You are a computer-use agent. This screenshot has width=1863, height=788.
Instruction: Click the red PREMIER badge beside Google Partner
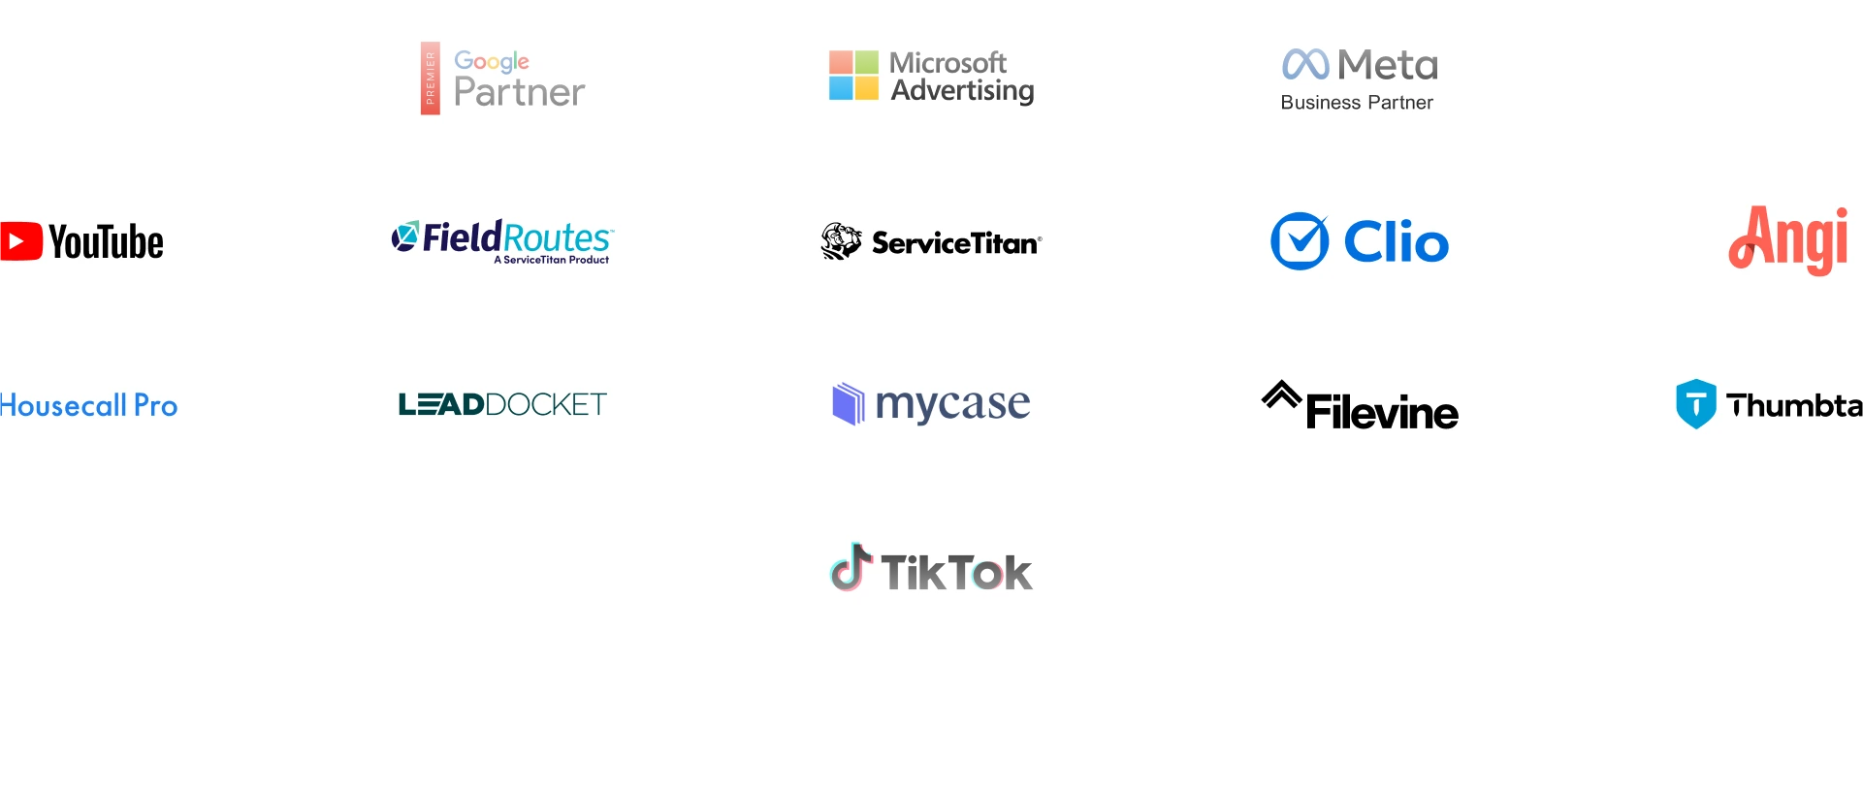click(430, 79)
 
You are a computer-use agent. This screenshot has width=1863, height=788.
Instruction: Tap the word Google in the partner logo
click(491, 61)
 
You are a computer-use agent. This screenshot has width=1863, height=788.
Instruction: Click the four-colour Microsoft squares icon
click(853, 76)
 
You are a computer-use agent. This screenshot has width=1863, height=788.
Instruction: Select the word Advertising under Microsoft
click(962, 91)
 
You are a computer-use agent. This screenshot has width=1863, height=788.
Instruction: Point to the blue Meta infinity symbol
click(1304, 64)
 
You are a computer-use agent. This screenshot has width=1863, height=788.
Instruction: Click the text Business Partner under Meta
click(1356, 103)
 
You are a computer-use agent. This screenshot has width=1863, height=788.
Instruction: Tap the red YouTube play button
click(20, 241)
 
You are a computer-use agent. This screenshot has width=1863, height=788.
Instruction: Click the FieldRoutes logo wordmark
click(516, 236)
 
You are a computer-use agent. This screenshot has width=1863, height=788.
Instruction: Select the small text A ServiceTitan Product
click(551, 260)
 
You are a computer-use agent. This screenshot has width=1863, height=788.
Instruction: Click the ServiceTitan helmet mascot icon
click(841, 241)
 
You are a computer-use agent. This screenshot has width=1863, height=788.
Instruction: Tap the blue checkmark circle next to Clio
click(1300, 241)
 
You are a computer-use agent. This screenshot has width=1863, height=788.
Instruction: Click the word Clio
click(1396, 242)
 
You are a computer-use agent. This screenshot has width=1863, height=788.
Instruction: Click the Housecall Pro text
click(88, 405)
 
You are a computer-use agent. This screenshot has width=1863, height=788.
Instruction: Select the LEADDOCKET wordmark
click(502, 404)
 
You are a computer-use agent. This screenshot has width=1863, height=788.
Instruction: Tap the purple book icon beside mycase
click(848, 403)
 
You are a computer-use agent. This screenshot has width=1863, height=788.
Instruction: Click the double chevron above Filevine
click(1281, 394)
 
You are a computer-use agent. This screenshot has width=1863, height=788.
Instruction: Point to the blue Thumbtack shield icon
click(1695, 403)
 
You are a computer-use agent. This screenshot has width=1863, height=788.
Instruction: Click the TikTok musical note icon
click(851, 567)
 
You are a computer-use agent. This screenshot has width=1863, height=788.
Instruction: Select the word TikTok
click(955, 573)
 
